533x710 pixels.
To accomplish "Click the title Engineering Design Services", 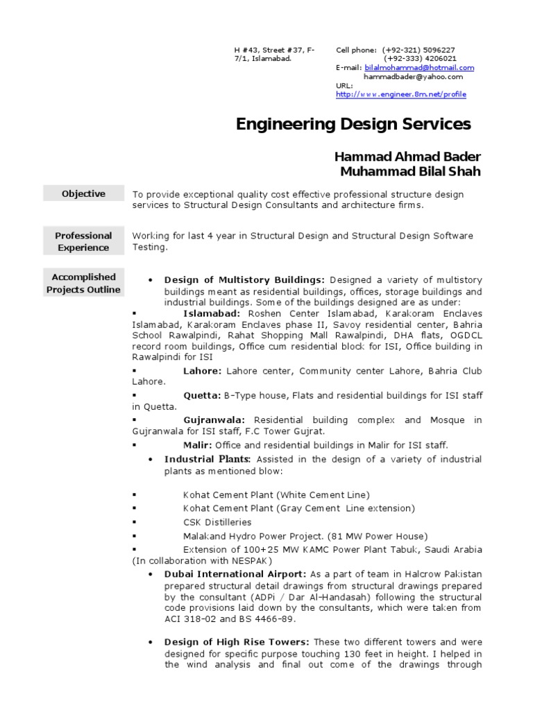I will click(353, 124).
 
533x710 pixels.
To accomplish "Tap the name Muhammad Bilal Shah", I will click(410, 171).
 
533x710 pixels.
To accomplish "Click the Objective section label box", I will click(83, 194).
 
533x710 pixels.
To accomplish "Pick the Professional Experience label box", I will click(83, 241).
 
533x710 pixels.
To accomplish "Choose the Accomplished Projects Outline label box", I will click(83, 283).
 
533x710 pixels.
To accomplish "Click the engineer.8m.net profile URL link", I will click(400, 94).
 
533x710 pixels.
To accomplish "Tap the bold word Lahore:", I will click(203, 371).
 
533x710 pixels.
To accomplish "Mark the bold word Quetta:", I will click(202, 395).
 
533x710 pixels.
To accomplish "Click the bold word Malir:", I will click(198, 444).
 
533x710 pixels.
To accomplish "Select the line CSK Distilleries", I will click(217, 522).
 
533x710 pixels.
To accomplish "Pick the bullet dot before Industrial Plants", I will click(151, 460).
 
